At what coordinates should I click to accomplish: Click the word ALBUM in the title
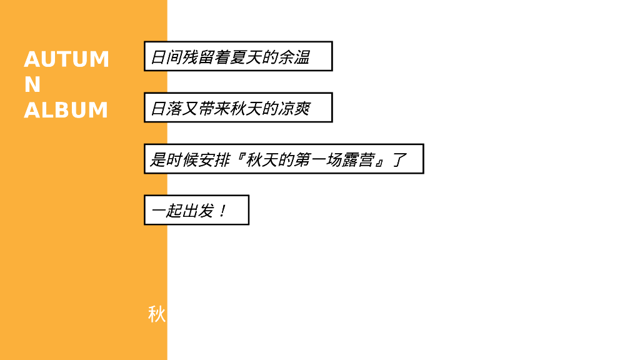point(66,110)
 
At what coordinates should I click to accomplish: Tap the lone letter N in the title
point(32,84)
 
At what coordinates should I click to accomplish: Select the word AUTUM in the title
point(66,59)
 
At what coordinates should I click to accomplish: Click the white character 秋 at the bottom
point(156,314)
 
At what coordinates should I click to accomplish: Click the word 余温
point(294,57)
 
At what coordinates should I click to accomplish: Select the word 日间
point(166,57)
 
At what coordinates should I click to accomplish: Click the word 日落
point(166,109)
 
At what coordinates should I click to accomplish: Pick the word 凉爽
point(294,109)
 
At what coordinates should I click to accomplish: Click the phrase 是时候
point(174,160)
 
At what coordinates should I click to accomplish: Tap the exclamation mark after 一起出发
point(222,211)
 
